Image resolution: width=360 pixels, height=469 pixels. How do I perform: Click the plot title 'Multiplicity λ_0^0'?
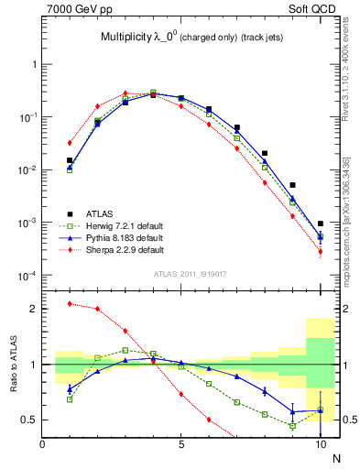[x=137, y=38]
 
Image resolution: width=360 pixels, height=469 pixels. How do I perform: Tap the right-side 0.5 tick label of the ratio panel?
[x=345, y=420]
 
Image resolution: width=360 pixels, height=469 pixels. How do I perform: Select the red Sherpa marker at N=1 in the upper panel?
[x=70, y=143]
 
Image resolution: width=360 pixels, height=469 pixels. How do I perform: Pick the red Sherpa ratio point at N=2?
[x=97, y=309]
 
